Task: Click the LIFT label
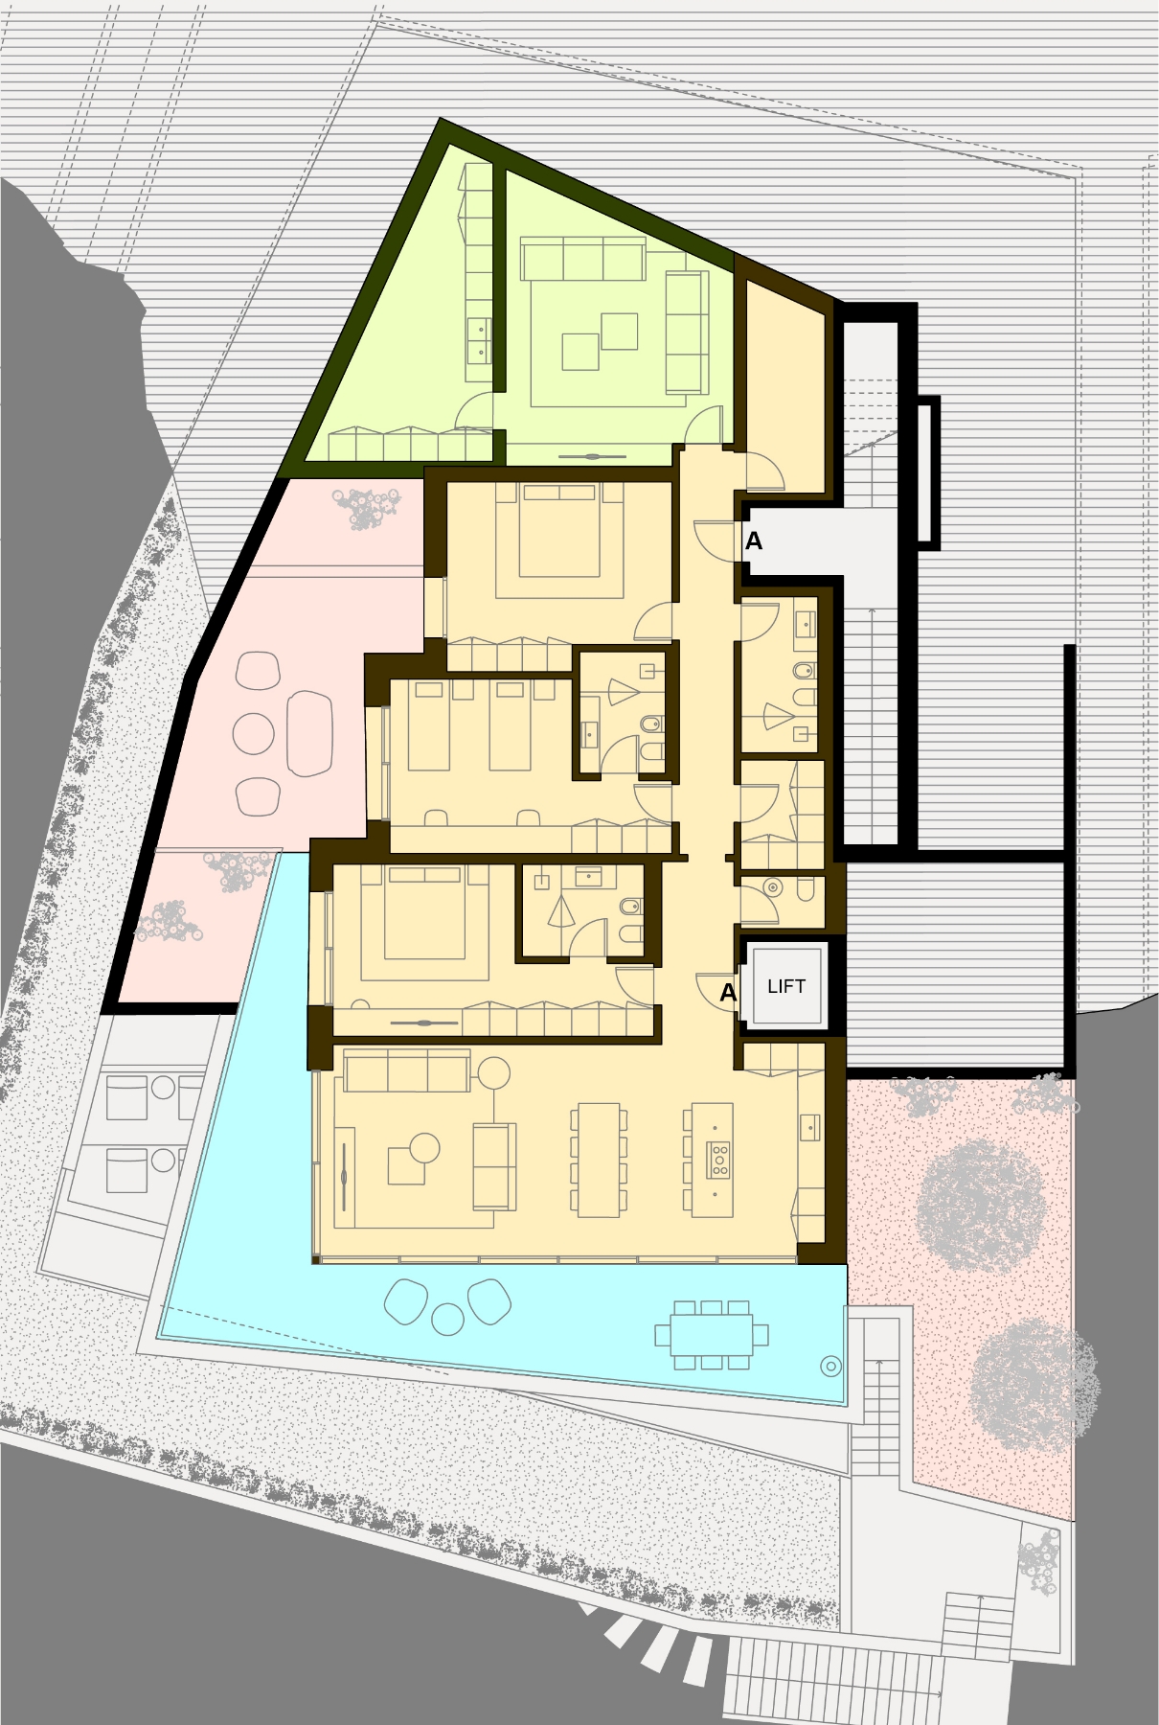[x=785, y=986]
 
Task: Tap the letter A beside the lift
[x=728, y=993]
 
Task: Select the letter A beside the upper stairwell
[x=754, y=541]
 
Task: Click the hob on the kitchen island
[x=718, y=1160]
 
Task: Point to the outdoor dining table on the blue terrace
[x=711, y=1334]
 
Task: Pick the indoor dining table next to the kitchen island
[x=599, y=1160]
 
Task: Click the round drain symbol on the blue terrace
[x=830, y=1367]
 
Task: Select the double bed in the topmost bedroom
[x=559, y=530]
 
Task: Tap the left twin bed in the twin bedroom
[x=428, y=724]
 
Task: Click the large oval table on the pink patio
[x=309, y=733]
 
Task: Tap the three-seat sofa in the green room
[x=583, y=260]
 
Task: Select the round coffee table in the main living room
[x=424, y=1147]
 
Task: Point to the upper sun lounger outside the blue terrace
[x=127, y=1097]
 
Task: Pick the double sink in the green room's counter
[x=478, y=341]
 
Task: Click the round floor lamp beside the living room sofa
[x=494, y=1072]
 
